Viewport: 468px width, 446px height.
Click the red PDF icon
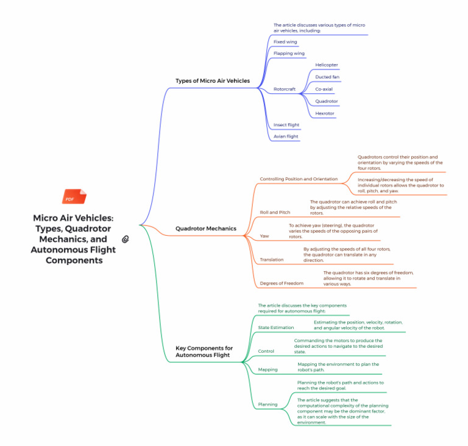pyautogui.click(x=74, y=196)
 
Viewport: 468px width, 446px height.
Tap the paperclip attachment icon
pyautogui.click(x=126, y=239)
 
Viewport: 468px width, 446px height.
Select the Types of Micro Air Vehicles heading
pyautogui.click(x=213, y=80)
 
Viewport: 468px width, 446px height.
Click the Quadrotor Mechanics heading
pyautogui.click(x=205, y=228)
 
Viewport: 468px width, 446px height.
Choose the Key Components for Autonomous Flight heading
pyautogui.click(x=204, y=352)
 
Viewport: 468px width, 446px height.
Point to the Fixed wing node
pyautogui.click(x=285, y=42)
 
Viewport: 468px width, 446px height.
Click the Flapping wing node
pyautogui.click(x=289, y=54)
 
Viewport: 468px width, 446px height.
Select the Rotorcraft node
pyautogui.click(x=285, y=89)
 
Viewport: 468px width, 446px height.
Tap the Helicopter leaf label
pyautogui.click(x=327, y=65)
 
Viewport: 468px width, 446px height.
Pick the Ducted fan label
pyautogui.click(x=327, y=77)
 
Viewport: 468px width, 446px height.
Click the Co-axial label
pyautogui.click(x=324, y=89)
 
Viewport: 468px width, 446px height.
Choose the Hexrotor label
pyautogui.click(x=325, y=113)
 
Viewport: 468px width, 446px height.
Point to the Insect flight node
pyautogui.click(x=286, y=125)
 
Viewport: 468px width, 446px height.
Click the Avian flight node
pyautogui.click(x=286, y=136)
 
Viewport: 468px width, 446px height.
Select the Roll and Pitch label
pyautogui.click(x=275, y=212)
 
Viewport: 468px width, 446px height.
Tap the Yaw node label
pyautogui.click(x=264, y=236)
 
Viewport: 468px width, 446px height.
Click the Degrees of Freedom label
pyautogui.click(x=282, y=283)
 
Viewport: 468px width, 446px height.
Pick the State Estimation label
pyautogui.click(x=276, y=327)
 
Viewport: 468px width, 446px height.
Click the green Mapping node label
pyautogui.click(x=268, y=370)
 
